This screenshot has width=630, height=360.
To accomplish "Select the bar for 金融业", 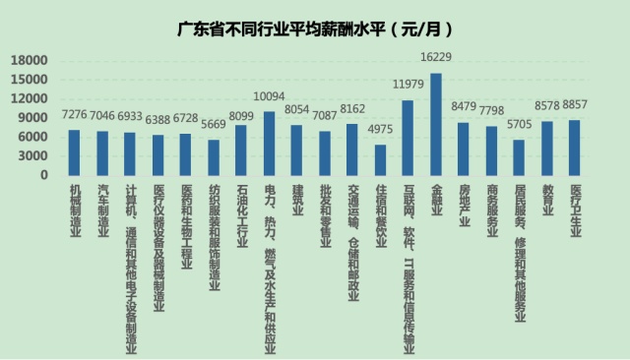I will pos(436,124).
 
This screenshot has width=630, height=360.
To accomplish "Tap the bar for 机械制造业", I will pos(74,152).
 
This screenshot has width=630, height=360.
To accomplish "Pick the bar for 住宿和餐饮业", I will pos(380,159).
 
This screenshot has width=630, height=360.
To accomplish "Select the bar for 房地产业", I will pos(464,149).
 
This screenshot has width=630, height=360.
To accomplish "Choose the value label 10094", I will pos(269,96).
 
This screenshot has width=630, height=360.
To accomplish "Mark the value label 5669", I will pos(213,124).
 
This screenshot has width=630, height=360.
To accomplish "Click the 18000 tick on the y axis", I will pos(30,60).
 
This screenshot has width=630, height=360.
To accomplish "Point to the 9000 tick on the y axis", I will pos(33,118).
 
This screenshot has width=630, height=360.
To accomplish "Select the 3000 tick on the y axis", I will pos(33,156).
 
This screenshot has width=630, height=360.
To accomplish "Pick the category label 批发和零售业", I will pos(325,219).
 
